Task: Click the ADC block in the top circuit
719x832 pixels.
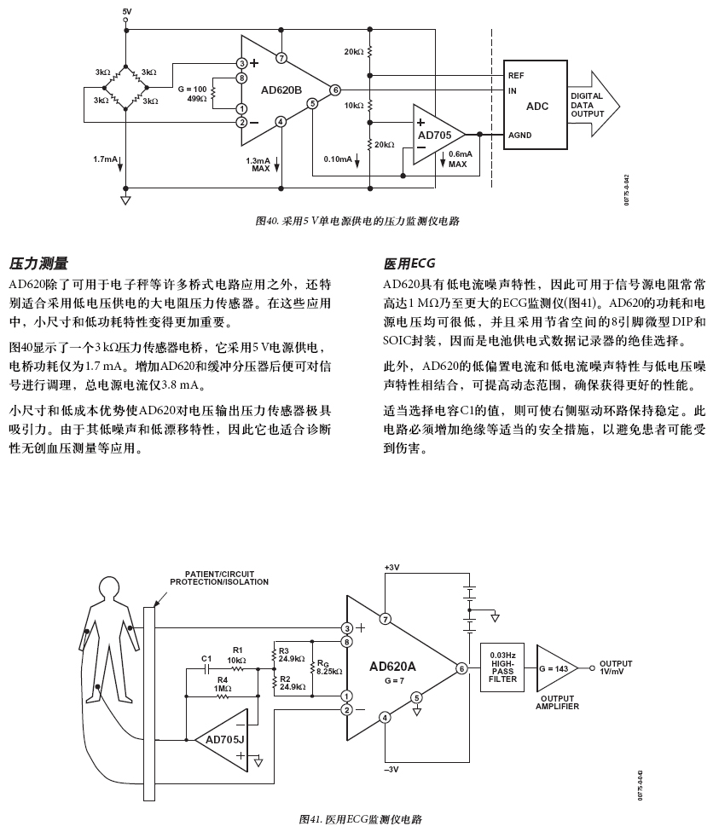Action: point(536,105)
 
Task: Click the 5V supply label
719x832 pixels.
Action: point(127,11)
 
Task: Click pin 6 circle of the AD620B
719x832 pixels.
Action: point(335,90)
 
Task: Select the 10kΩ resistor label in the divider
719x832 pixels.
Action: point(354,106)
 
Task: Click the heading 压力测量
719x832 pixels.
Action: point(38,263)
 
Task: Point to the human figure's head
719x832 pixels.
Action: point(107,588)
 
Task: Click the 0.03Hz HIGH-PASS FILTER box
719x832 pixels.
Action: point(503,667)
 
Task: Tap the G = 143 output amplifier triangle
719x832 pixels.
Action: point(554,667)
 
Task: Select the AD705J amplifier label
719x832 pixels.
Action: point(224,738)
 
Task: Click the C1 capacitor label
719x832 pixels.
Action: point(206,659)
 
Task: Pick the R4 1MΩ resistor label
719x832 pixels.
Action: point(223,684)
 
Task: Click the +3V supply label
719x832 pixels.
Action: point(391,568)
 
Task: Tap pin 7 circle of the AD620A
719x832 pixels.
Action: point(385,619)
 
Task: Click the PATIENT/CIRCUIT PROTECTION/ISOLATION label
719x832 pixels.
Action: point(219,578)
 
